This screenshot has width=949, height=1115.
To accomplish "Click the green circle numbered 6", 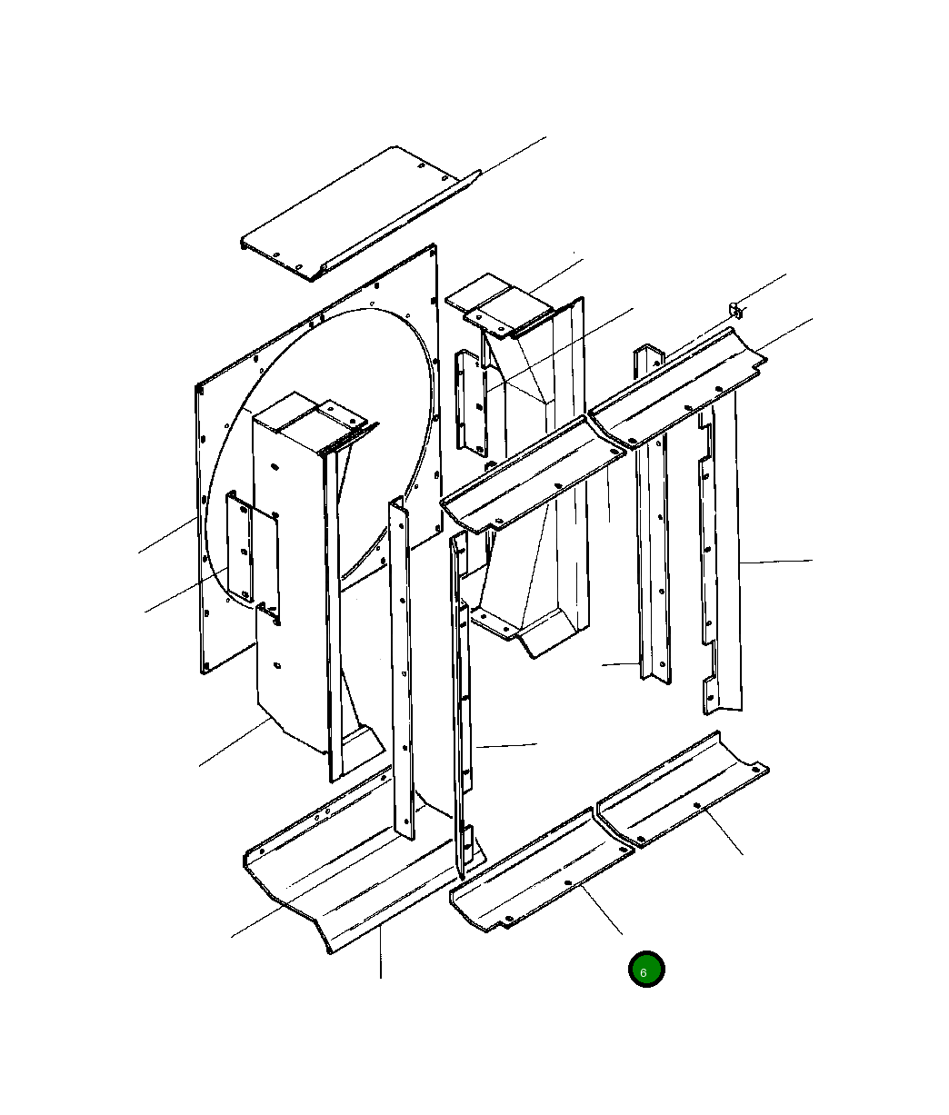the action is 646,969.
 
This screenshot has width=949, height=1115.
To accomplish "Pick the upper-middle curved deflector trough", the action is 533,474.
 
